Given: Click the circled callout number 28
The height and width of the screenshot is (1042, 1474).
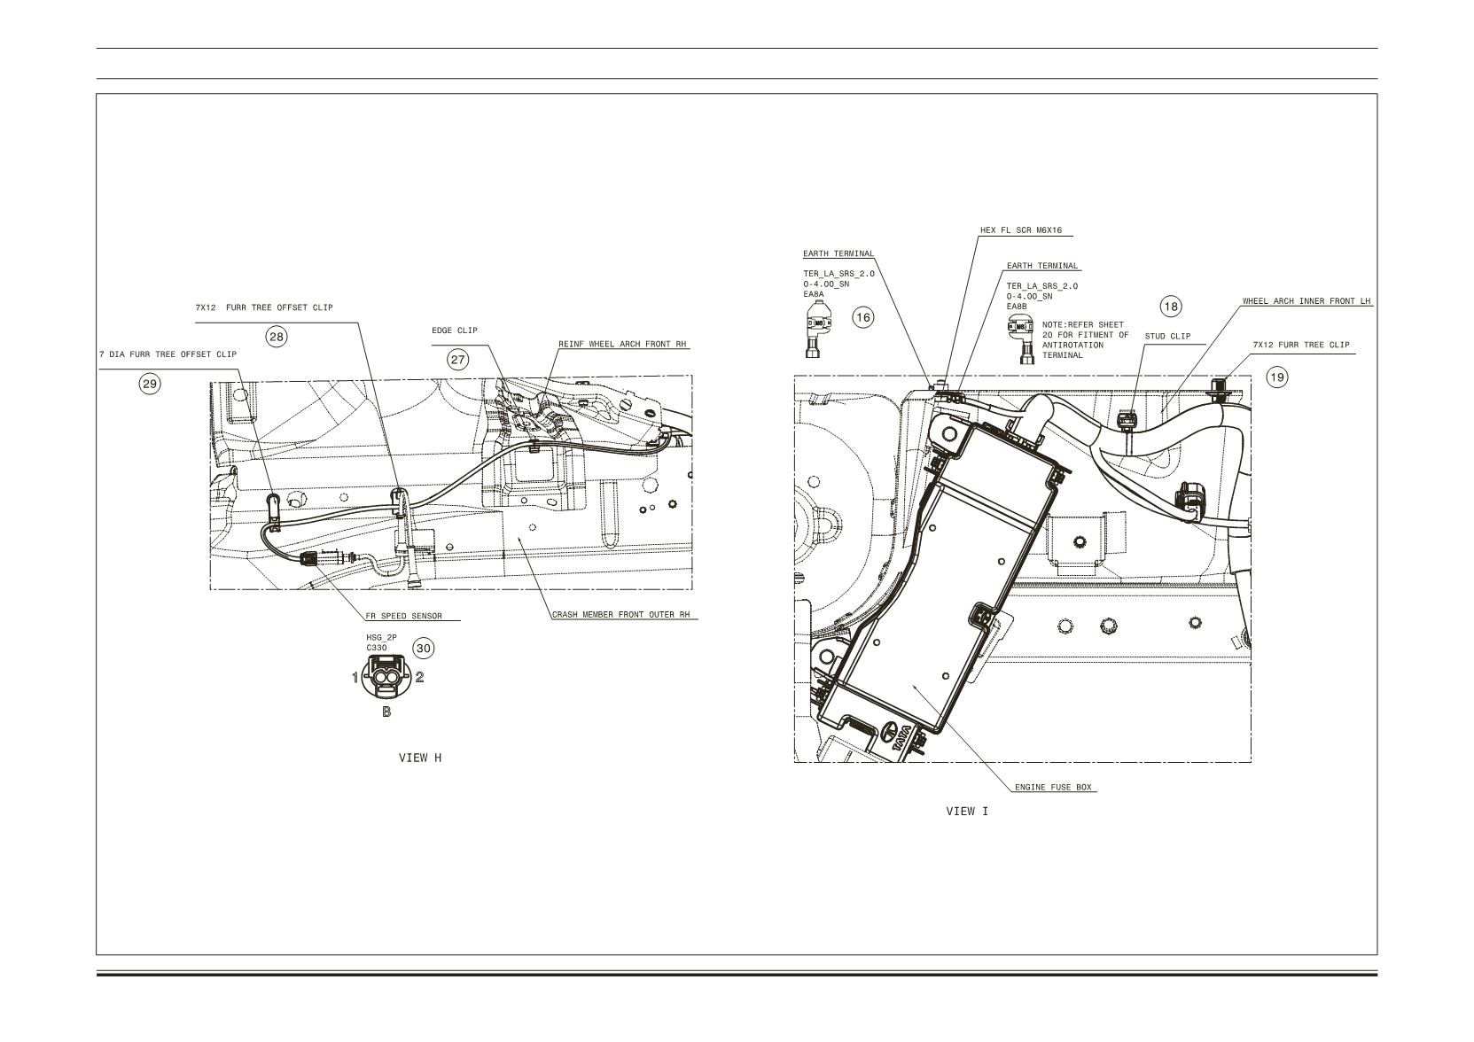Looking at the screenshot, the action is coord(277,338).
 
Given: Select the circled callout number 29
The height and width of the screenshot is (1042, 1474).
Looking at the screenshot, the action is coord(150,384).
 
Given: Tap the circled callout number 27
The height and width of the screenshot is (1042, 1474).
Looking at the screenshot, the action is coord(458,360).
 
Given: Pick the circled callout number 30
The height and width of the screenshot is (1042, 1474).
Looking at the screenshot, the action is coord(424,649).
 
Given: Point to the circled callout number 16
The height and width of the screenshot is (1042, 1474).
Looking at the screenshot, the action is coord(863,318).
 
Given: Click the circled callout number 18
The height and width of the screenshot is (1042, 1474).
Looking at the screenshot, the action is coord(1171,307).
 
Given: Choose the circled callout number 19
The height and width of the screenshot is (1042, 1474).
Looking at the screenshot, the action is coord(1277,377).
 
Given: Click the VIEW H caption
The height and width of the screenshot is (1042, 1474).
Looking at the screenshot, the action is coord(420,758).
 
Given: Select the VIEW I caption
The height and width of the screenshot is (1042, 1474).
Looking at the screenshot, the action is coord(967,812).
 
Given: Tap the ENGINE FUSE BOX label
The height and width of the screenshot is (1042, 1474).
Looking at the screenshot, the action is coord(1053,788).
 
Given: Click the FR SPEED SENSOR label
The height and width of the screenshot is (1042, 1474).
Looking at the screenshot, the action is coord(404,617).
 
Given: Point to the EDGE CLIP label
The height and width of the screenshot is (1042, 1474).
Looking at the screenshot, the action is coord(455,330).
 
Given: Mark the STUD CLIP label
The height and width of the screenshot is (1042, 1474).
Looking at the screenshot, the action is coord(1167,336).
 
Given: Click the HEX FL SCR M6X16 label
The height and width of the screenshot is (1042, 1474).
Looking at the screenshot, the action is coord(1021,230).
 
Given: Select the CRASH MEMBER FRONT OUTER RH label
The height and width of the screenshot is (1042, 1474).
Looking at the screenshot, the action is coord(621,614).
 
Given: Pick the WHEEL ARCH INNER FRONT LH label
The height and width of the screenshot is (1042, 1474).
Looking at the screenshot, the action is coord(1306,301).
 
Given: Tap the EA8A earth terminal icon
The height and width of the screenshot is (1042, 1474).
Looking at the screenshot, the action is coord(816,329).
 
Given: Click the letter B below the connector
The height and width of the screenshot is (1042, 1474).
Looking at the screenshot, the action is coord(386,712).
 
